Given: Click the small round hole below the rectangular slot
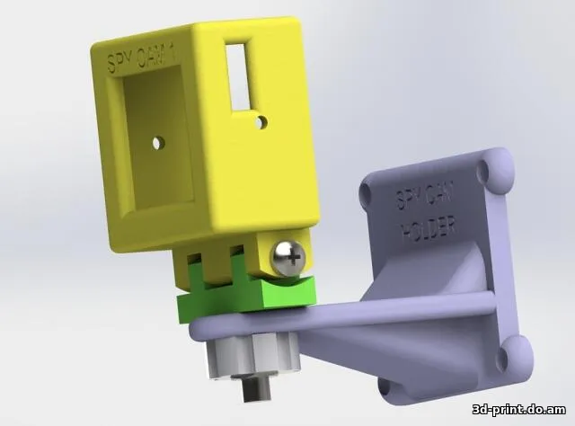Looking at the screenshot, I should (260, 120).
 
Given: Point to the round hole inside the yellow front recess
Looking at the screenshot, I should (158, 142).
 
